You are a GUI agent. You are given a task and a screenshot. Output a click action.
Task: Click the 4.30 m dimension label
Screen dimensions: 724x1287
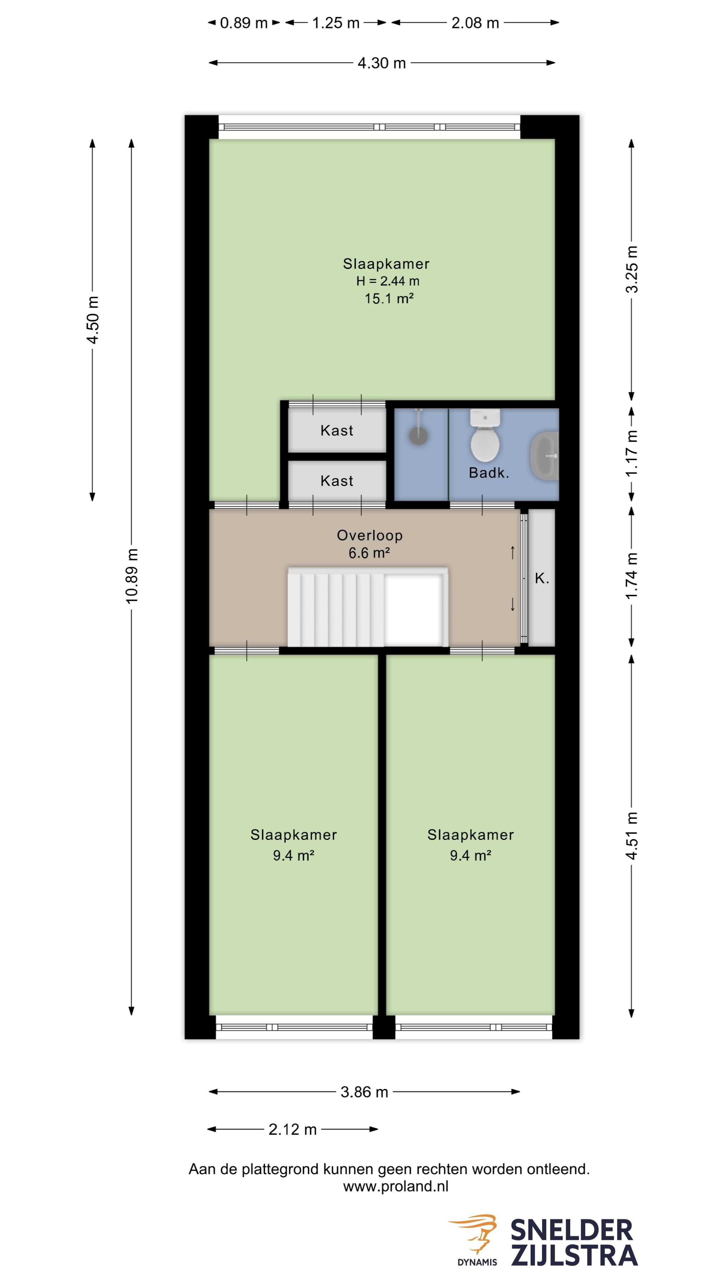pyautogui.click(x=382, y=63)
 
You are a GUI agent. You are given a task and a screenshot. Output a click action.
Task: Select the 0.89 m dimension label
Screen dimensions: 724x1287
pyautogui.click(x=244, y=23)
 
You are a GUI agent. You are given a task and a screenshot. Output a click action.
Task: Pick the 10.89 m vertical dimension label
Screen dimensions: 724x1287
pyautogui.click(x=132, y=575)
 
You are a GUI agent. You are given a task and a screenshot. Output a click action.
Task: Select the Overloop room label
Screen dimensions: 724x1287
pyautogui.click(x=370, y=535)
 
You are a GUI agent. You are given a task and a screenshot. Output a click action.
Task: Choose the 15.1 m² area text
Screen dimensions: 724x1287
pyautogui.click(x=389, y=298)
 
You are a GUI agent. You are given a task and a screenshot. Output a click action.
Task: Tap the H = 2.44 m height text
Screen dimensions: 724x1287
pyautogui.click(x=388, y=281)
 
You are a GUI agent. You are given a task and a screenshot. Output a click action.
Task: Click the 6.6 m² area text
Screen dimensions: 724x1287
pyautogui.click(x=369, y=553)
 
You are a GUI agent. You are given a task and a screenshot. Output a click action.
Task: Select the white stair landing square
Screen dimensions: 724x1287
pyautogui.click(x=414, y=610)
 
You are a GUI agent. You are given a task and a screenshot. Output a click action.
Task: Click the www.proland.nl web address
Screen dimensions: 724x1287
pyautogui.click(x=396, y=1186)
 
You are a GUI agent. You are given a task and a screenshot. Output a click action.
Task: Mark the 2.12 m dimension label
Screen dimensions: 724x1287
pyautogui.click(x=293, y=1129)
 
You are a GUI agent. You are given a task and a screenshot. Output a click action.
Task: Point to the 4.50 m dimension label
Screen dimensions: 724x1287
pyautogui.click(x=93, y=320)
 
